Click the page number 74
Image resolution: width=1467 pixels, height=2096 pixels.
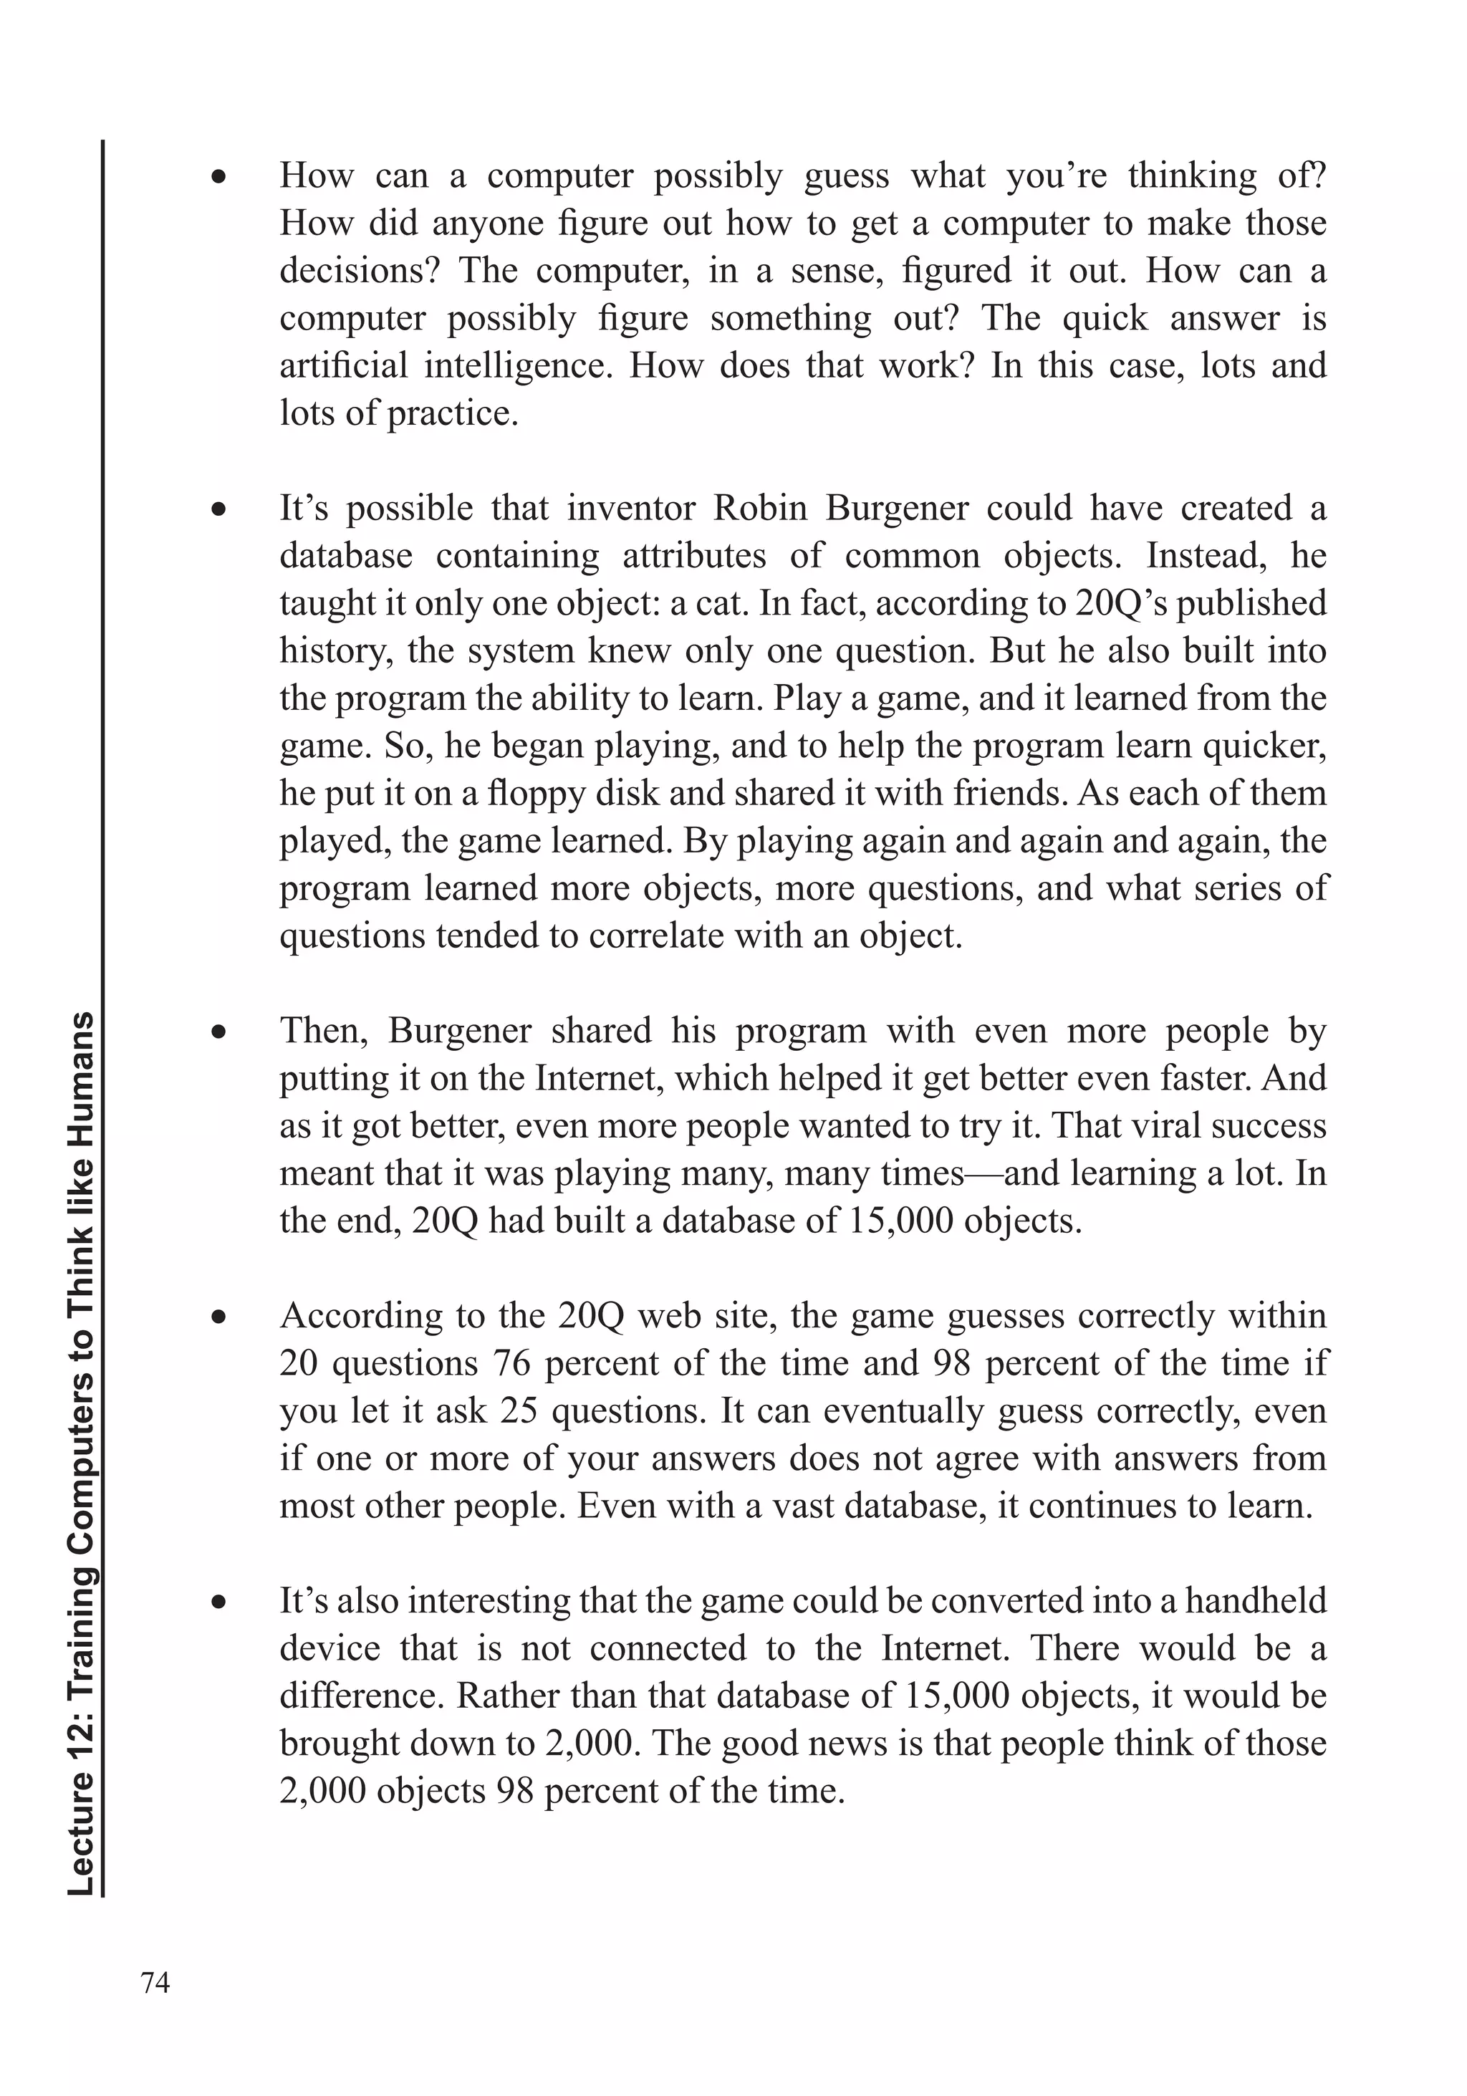[155, 1982]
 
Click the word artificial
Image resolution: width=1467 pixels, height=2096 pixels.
[343, 366]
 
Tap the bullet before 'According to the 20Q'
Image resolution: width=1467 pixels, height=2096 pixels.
[218, 1318]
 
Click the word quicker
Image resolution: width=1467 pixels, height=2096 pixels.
[1264, 746]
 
